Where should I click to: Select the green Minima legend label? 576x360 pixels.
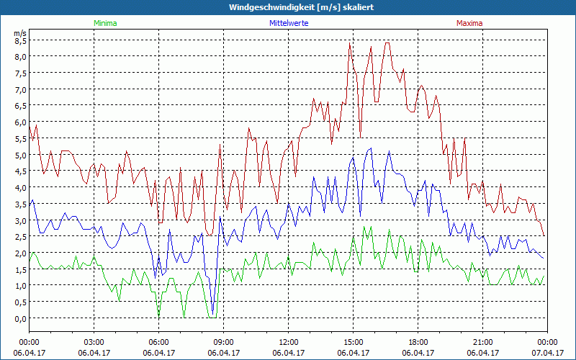pos(104,23)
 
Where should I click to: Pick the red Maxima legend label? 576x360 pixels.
pos(469,23)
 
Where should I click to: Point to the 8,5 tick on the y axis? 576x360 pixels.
pos(20,40)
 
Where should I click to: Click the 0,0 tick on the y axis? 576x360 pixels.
pos(20,318)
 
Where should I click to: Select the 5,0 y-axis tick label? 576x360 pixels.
pos(20,155)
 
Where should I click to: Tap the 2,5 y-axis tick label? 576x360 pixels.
pos(20,237)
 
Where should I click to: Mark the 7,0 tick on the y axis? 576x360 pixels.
pos(20,89)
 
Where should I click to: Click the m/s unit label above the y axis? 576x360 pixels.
pos(19,32)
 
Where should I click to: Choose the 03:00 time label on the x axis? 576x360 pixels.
pos(94,342)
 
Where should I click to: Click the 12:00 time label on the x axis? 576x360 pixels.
pos(288,342)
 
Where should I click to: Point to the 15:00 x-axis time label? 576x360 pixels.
pos(353,342)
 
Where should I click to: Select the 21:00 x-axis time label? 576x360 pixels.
pos(482,342)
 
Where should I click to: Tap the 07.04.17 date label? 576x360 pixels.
pos(547,353)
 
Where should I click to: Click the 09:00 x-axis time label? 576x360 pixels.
pos(223,342)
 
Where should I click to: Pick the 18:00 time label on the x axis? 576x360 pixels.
pos(418,342)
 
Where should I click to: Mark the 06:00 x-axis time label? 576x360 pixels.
pos(158,342)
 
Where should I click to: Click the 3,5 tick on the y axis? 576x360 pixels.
pos(20,204)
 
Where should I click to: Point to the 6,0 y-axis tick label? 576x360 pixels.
pos(20,122)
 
